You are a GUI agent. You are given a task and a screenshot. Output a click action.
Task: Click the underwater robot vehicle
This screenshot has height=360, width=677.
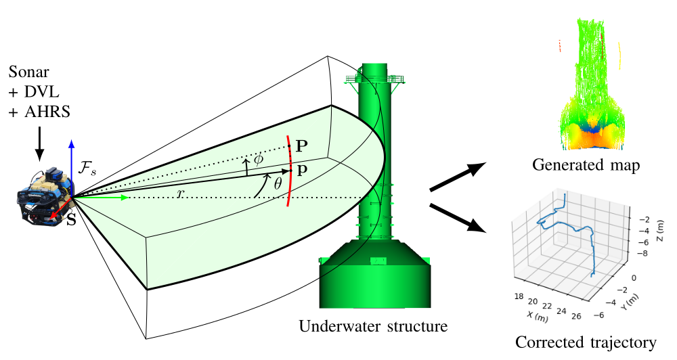(x=43, y=198)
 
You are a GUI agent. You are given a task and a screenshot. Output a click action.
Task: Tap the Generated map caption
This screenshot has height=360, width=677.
(x=586, y=165)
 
